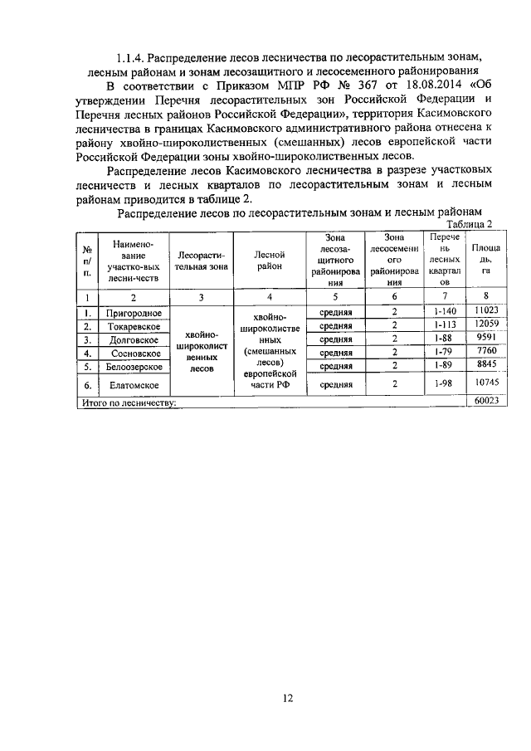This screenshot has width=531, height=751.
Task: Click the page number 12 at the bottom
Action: [x=287, y=698]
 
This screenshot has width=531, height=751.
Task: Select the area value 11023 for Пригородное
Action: [x=479, y=310]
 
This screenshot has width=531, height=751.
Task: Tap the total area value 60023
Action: [x=480, y=401]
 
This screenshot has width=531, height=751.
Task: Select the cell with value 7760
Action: [x=479, y=352]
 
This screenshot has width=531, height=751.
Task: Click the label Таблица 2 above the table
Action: [x=470, y=225]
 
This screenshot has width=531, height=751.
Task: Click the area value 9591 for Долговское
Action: [x=479, y=339]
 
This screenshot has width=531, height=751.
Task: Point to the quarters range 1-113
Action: [x=446, y=324]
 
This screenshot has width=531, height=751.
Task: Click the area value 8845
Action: [x=479, y=365]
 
